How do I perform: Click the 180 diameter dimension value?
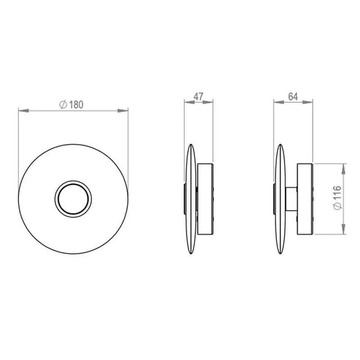click(76, 105)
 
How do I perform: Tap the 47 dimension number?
click(198, 96)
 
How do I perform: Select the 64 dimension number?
click(293, 96)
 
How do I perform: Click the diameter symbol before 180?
click(63, 105)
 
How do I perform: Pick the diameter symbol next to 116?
click(338, 206)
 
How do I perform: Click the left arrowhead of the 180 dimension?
click(24, 111)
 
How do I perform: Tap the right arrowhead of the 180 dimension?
click(123, 111)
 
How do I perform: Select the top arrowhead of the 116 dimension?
click(343, 169)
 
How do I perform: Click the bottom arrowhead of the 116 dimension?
click(343, 229)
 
